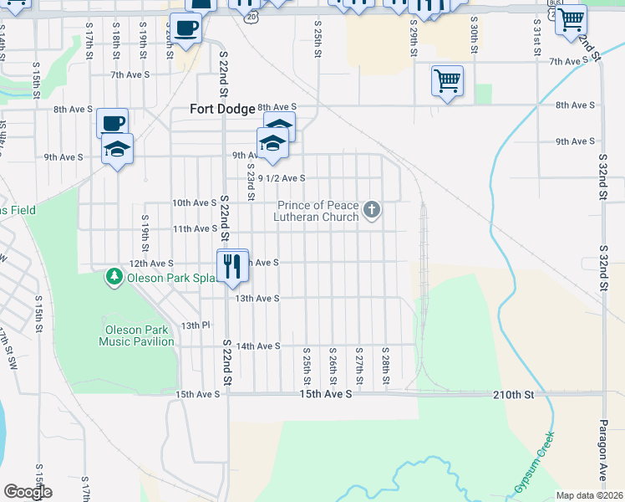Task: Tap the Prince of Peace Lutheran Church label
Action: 318,211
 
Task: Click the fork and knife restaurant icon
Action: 232,266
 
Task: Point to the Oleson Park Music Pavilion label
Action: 136,336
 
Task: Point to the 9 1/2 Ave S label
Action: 282,178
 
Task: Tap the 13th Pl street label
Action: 193,325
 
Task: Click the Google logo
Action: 28,491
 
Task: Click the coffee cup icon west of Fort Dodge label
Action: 112,124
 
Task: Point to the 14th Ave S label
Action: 257,346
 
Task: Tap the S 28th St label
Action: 385,366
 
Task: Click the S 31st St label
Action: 536,35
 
